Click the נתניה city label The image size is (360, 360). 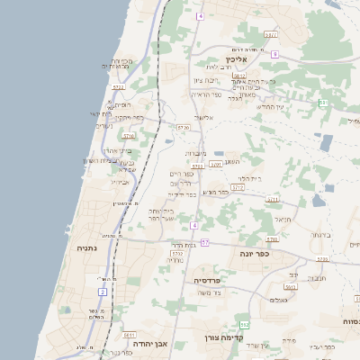click(x=86, y=248)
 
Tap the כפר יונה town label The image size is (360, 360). click(x=256, y=254)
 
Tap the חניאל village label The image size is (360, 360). click(x=283, y=219)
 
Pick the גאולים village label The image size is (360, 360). click(x=278, y=300)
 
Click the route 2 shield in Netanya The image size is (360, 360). click(x=103, y=292)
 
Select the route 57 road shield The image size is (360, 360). click(x=204, y=243)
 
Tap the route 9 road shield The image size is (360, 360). click(x=274, y=55)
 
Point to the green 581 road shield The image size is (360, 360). click(x=321, y=103)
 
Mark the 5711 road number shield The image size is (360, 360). click(x=273, y=199)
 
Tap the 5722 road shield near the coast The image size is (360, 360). click(x=118, y=87)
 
